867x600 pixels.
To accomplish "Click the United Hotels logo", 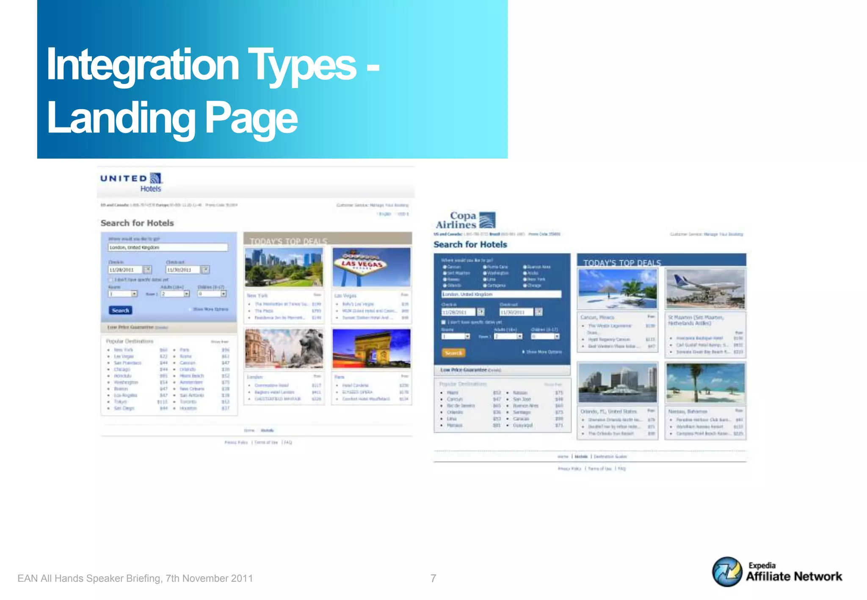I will tap(131, 182).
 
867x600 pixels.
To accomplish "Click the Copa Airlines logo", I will tap(465, 220).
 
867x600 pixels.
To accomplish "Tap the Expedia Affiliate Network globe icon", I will tap(727, 572).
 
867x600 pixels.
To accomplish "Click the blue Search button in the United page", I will tap(120, 310).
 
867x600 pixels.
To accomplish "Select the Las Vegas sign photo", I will tap(371, 267).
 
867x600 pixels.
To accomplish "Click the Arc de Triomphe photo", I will tap(371, 348).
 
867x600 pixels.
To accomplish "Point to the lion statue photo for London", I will tap(284, 348).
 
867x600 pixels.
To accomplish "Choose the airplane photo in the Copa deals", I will tap(705, 289).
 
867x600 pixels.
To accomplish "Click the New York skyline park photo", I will tap(284, 267).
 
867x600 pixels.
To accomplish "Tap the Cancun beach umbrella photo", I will tap(618, 289).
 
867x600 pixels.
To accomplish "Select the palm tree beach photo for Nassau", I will tap(705, 383).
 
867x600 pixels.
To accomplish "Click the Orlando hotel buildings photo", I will tap(618, 383).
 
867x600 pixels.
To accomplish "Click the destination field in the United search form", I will tap(168, 248).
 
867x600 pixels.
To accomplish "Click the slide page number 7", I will tap(433, 578).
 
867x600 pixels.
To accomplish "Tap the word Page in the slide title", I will tap(251, 118).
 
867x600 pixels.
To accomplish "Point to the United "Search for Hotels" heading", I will tap(137, 223).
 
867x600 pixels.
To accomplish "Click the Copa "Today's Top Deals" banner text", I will tap(622, 263).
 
